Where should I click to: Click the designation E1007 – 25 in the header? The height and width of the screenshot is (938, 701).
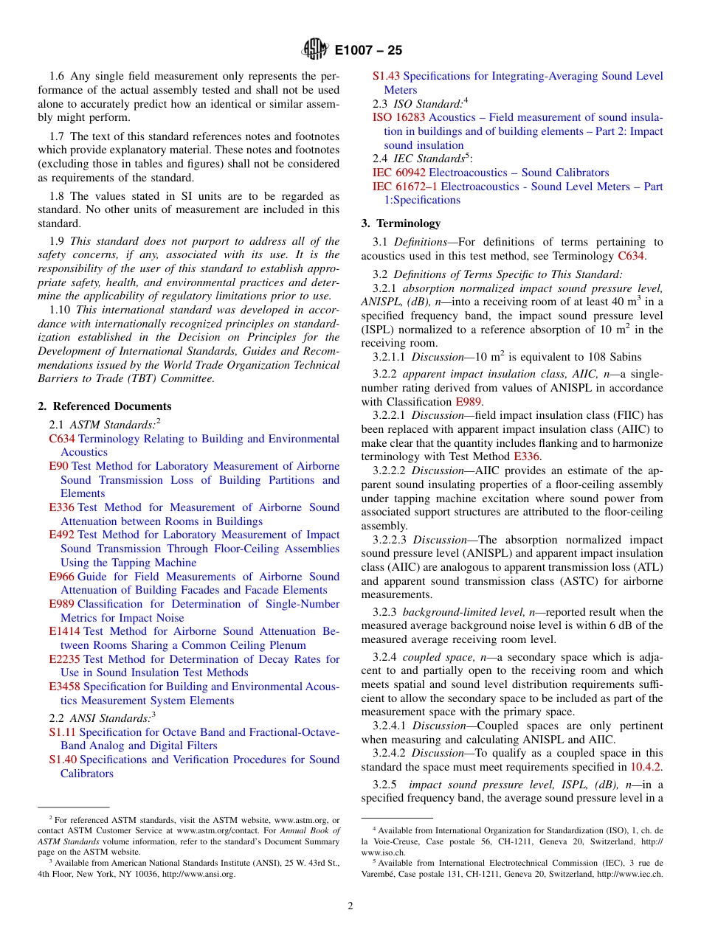[x=368, y=51]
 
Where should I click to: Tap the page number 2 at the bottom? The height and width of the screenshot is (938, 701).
[x=350, y=906]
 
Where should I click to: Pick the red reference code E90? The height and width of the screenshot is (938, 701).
[x=58, y=466]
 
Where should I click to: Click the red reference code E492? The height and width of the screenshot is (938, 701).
[x=61, y=535]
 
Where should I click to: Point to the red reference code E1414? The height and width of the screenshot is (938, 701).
[x=64, y=631]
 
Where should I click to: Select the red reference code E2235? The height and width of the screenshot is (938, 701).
[x=64, y=659]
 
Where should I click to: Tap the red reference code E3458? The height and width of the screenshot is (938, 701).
[x=64, y=687]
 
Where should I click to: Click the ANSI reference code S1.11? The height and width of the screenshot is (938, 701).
[x=63, y=732]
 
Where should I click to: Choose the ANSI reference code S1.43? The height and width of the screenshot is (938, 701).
[x=386, y=76]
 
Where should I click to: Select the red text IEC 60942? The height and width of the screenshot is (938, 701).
[x=399, y=173]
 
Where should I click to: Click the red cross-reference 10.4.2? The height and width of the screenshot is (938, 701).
[x=646, y=767]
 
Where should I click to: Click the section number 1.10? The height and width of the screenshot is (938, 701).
[x=61, y=310]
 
